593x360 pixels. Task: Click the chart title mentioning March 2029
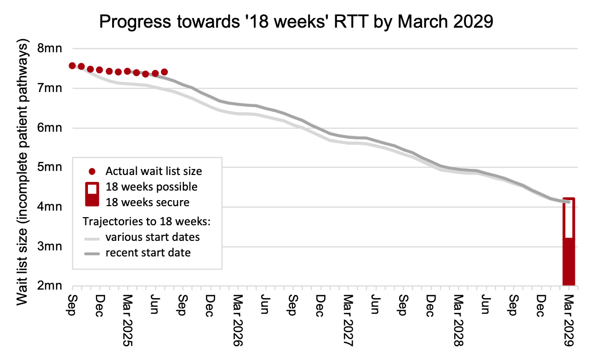pos(296,22)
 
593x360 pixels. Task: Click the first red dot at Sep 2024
pos(72,66)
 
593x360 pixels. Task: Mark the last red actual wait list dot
pos(164,72)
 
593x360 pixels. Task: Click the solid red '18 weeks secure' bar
pos(568,261)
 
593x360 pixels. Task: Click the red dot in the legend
pos(91,171)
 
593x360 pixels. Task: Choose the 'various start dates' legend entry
pos(152,237)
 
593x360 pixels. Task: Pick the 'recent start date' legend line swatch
pos(91,253)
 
